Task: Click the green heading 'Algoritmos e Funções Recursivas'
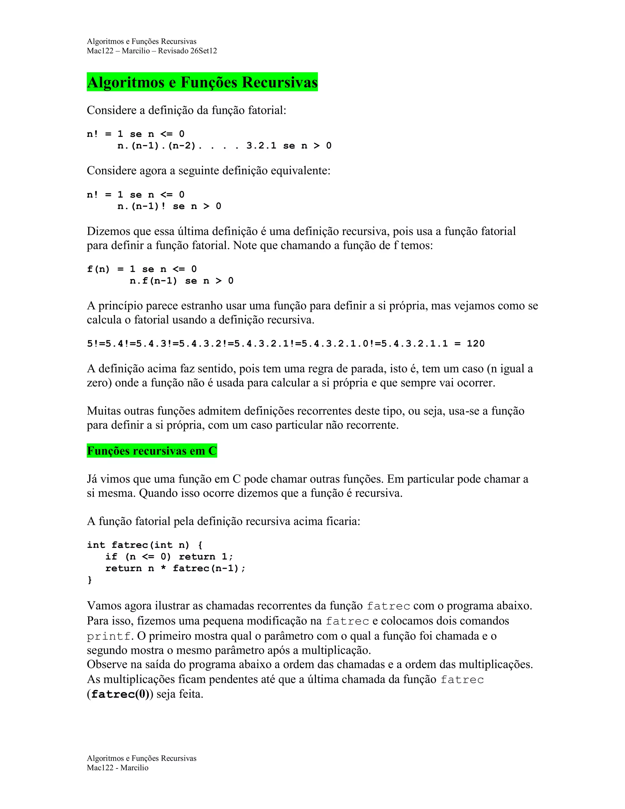tap(202, 82)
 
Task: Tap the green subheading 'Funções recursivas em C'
tap(152, 451)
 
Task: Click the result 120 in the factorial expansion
tap(475, 344)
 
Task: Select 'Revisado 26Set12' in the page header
tap(187, 51)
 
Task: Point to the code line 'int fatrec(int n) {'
tap(145, 545)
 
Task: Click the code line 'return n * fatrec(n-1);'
tap(175, 568)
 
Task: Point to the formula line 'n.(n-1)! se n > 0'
tap(169, 206)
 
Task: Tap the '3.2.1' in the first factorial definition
tap(262, 146)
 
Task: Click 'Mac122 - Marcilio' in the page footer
tap(117, 768)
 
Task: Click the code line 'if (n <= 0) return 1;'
tap(169, 557)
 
